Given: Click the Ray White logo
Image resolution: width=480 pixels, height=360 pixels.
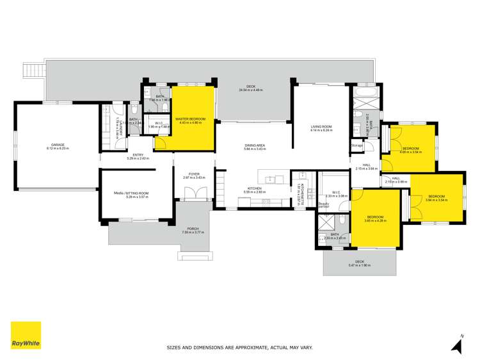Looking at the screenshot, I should tap(26, 336).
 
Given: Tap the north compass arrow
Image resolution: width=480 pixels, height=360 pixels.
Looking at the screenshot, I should tap(457, 346).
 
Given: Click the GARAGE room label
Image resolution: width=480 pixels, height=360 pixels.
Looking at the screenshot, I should tap(58, 145).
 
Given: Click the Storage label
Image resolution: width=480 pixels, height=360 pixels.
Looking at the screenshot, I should tap(357, 145).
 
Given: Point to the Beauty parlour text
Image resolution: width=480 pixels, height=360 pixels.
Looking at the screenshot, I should tap(324, 205).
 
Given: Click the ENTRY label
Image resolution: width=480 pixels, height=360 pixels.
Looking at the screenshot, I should tap(138, 154).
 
